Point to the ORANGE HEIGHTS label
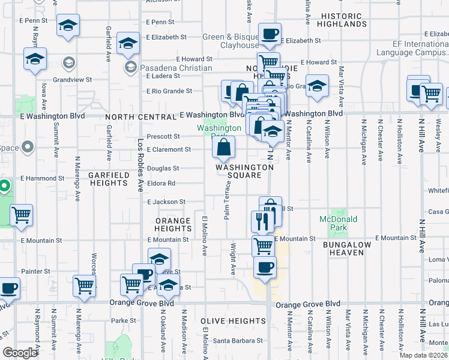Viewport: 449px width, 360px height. click(x=173, y=224)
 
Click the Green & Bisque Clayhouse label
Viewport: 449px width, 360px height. click(x=230, y=41)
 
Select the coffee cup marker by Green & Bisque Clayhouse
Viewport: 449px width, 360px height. click(x=270, y=34)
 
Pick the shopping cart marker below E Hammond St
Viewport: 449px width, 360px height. click(x=21, y=214)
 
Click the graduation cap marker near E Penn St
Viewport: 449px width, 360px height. click(x=68, y=26)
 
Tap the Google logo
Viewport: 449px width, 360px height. click(x=20, y=353)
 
